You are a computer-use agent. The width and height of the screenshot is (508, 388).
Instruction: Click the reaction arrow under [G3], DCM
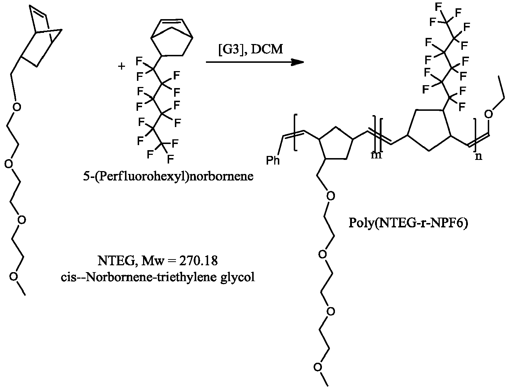[x=255, y=62]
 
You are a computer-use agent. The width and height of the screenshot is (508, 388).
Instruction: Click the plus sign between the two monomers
[x=121, y=66]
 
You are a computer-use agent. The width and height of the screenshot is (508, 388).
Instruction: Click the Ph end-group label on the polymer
[x=273, y=160]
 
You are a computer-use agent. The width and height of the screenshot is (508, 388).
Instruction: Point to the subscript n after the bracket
[x=478, y=156]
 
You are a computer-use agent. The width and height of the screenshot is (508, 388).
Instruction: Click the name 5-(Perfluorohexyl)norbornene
[x=168, y=176]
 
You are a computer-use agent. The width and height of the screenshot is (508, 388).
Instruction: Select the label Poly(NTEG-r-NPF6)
[x=408, y=223]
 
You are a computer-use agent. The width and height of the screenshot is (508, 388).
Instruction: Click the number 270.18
[x=198, y=261]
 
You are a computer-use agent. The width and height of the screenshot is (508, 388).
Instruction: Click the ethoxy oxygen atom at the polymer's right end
[x=488, y=114]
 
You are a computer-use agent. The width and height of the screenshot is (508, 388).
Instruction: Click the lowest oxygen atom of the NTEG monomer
[x=13, y=276]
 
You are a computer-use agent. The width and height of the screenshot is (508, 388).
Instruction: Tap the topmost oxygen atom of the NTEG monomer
[x=17, y=107]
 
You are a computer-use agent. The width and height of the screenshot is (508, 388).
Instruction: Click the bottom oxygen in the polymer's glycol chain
[x=318, y=367]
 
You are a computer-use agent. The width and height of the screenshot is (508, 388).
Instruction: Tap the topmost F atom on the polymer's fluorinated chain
[x=439, y=6]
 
